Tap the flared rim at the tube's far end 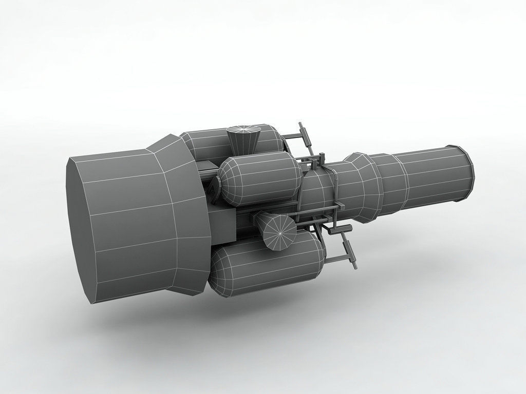pyautogui.click(x=465, y=172)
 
